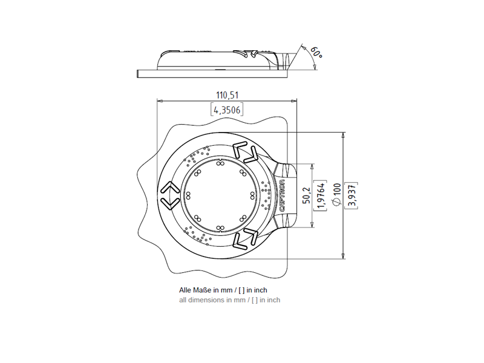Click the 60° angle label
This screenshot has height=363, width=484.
pos(316,53)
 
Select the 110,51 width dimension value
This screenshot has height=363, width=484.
pos(227,95)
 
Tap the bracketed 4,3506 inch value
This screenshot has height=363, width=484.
pos(227,110)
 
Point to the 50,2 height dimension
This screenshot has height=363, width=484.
pos(307,195)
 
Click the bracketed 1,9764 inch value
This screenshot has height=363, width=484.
pos(321,195)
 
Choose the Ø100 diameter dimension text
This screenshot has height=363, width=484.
pos(337,194)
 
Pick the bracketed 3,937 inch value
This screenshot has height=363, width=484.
pos(352,195)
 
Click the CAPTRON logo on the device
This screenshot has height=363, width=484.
pos(282,195)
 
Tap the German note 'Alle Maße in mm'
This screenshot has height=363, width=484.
pos(206,290)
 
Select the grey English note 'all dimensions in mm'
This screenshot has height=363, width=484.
pos(212,300)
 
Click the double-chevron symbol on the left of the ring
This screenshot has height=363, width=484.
pos(169,195)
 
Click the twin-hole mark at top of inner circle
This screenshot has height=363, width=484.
pos(220,163)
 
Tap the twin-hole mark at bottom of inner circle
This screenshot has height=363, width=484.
pos(220,228)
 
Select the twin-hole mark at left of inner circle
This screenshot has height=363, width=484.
pos(188,195)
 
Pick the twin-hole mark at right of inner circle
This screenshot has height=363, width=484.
pos(252,195)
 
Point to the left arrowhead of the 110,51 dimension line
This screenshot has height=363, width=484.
pos(160,100)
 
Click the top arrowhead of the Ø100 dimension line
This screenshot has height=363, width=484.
pos(343,135)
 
